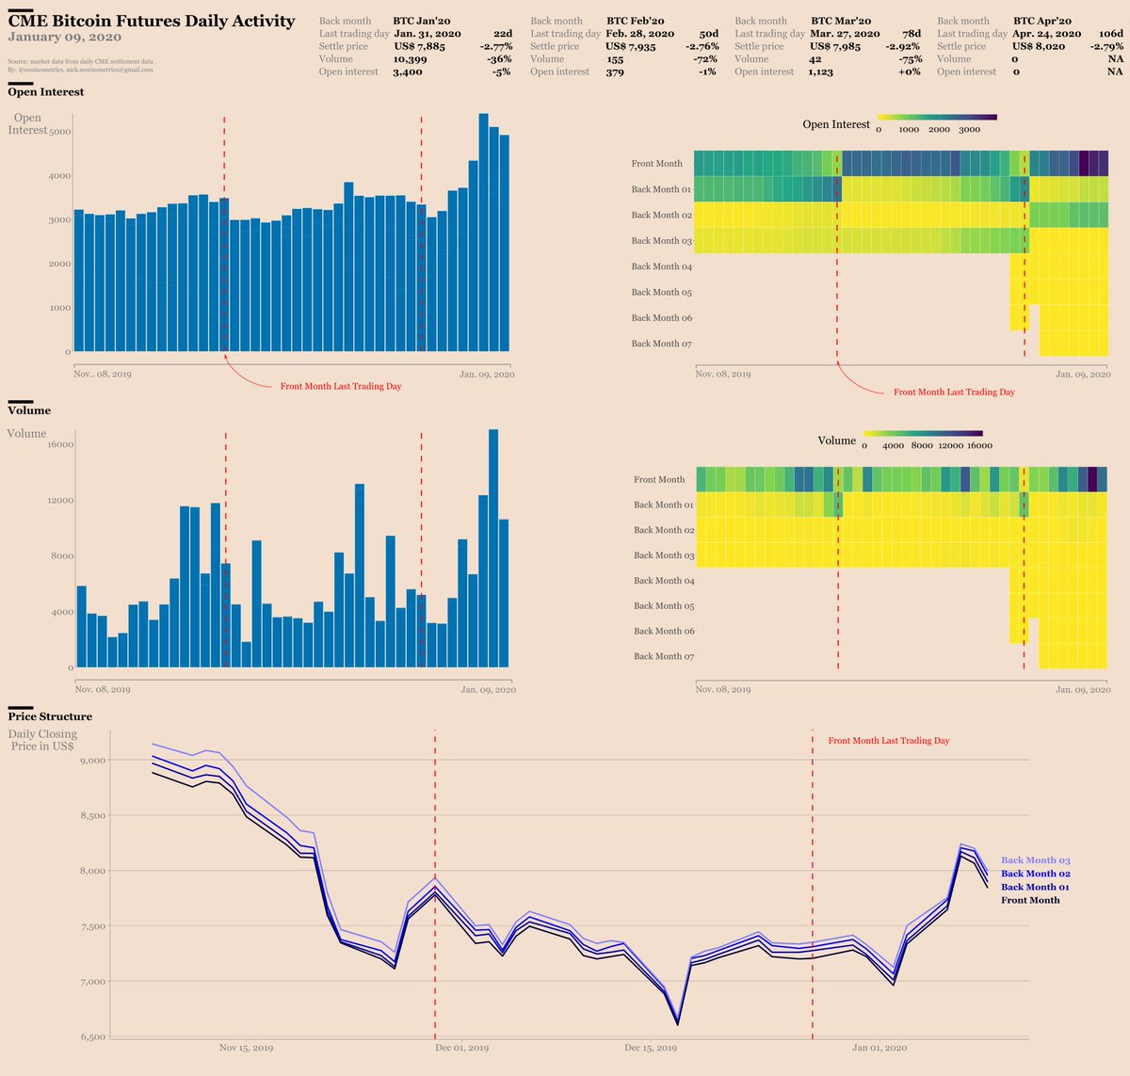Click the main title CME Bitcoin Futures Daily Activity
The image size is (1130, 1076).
(x=151, y=21)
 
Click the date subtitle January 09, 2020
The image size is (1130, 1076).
(x=64, y=38)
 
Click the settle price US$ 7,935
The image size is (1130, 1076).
(x=631, y=46)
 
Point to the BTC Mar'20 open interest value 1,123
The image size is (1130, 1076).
(x=826, y=72)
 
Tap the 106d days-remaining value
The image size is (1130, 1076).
(x=1110, y=34)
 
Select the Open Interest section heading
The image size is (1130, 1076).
(x=45, y=92)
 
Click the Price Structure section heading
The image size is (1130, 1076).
(x=50, y=717)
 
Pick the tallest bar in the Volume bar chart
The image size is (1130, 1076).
(x=493, y=549)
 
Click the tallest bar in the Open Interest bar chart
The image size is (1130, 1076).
(x=483, y=233)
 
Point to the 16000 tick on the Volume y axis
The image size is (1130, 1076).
(x=60, y=444)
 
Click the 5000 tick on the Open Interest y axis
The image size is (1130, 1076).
(x=59, y=132)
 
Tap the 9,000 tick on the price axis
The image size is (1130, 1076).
(x=92, y=760)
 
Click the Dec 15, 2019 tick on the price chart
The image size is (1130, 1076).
(x=651, y=1048)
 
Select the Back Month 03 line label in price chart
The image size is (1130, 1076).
(x=1035, y=860)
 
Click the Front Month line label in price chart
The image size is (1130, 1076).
(x=1030, y=900)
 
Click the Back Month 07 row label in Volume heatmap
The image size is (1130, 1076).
(x=664, y=656)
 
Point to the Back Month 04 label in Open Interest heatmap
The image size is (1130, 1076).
(x=661, y=266)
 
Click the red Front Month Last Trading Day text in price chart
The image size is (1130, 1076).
(x=888, y=741)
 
